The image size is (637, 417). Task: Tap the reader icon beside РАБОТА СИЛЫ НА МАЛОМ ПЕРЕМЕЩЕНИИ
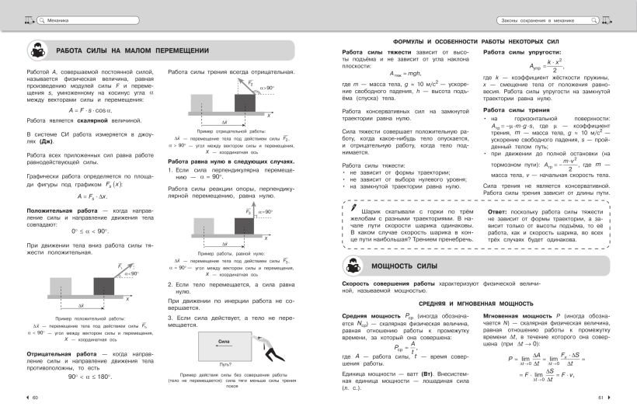tap(39, 52)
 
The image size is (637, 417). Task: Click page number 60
tap(33, 398)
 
